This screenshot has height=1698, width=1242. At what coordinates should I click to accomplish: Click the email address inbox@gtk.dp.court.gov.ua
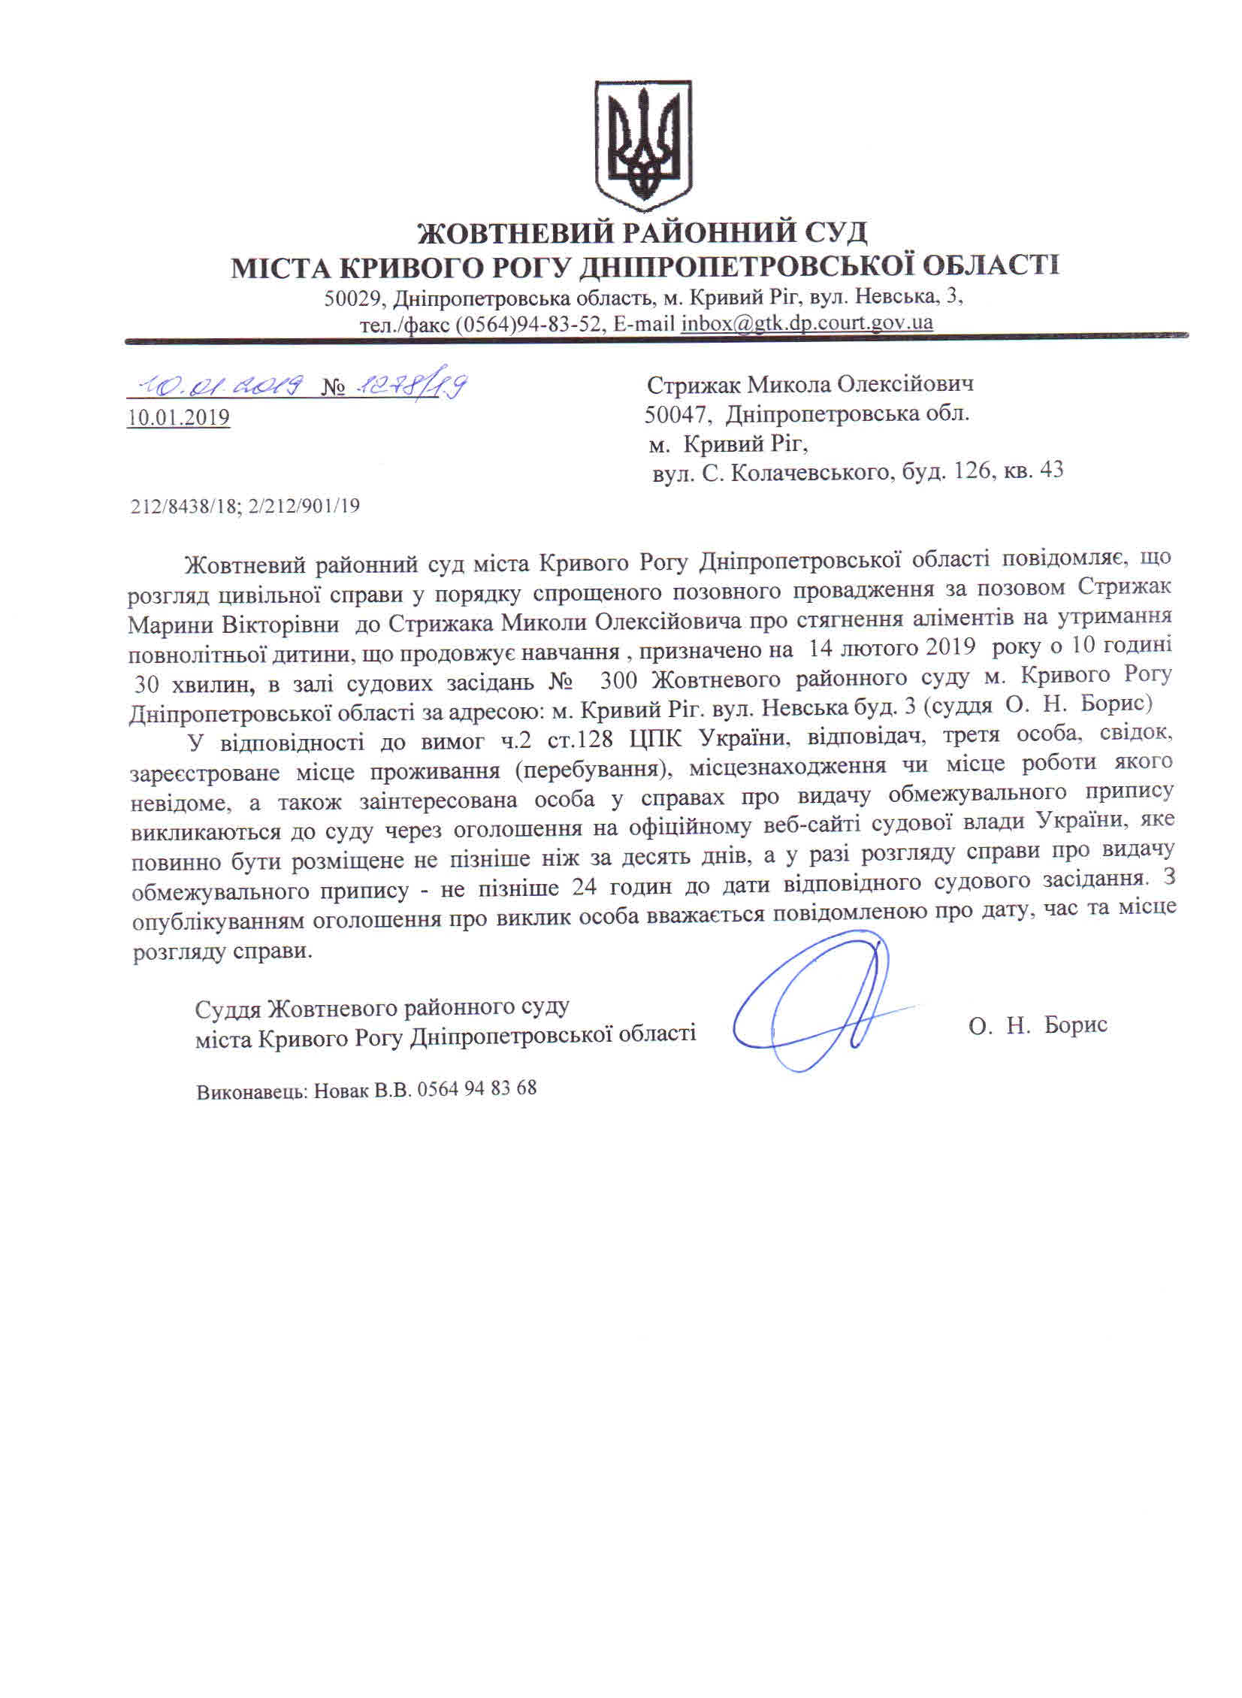807,323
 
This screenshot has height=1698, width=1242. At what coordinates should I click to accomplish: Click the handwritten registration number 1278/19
409,386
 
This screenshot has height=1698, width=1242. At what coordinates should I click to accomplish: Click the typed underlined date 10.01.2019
178,417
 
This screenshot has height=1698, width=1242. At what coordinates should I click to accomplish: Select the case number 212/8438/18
185,507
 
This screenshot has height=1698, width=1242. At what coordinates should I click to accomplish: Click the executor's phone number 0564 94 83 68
476,1088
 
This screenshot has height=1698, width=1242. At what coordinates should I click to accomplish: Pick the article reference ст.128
586,740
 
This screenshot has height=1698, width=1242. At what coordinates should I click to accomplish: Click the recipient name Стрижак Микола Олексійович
810,384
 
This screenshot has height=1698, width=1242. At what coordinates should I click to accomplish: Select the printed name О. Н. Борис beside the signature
1038,1025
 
